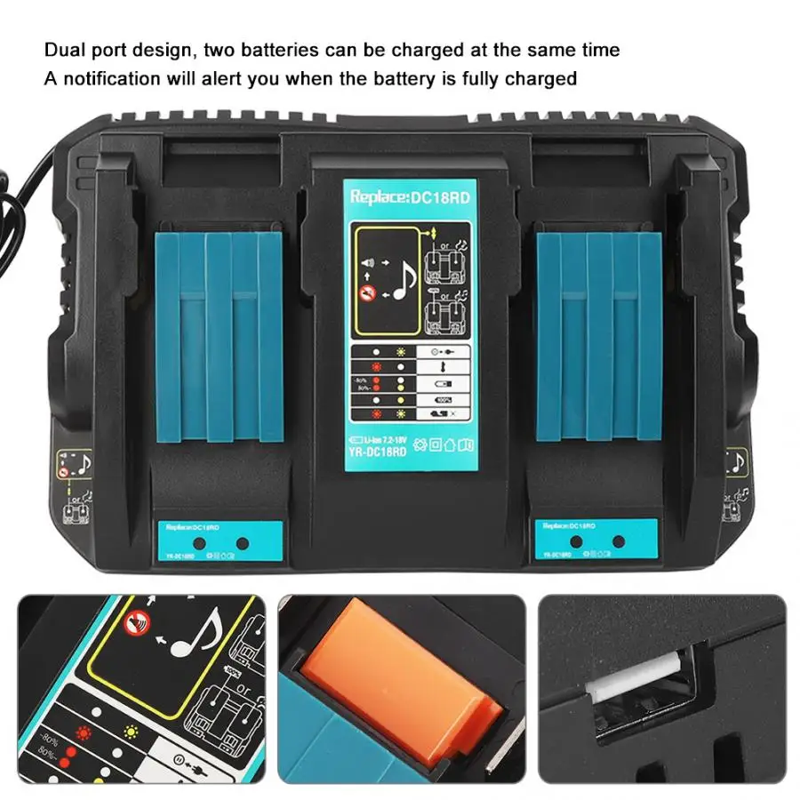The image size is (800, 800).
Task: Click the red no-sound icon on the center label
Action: pos(362,292)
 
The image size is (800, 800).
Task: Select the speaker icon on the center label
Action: pos(364,263)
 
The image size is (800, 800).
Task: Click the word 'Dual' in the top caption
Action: pos(61,50)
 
